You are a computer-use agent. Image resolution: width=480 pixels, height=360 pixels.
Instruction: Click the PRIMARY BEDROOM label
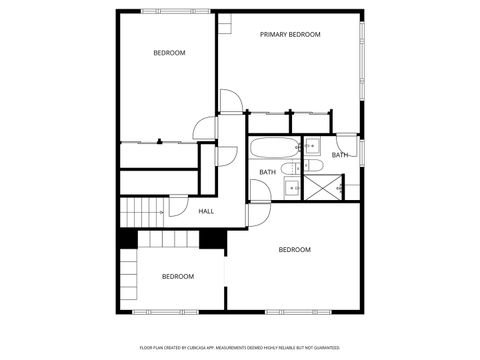[290, 35]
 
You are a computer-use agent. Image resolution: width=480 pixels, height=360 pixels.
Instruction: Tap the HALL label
[206, 211]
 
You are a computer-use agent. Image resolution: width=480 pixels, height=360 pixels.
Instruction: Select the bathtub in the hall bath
[270, 151]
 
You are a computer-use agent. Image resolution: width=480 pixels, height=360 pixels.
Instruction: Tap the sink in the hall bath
[291, 186]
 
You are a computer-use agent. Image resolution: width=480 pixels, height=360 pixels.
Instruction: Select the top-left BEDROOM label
[169, 53]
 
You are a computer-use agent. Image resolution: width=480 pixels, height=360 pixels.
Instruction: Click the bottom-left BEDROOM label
[178, 276]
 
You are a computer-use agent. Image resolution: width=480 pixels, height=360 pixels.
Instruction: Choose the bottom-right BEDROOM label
[294, 249]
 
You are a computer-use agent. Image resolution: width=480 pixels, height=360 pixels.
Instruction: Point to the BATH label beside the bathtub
[268, 172]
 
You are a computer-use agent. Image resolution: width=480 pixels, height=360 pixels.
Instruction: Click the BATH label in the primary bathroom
[340, 155]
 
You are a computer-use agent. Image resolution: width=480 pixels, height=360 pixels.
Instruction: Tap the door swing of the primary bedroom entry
[230, 101]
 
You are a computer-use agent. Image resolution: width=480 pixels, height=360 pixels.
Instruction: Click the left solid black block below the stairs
[128, 239]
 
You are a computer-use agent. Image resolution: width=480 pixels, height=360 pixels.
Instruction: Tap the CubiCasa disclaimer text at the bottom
[240, 348]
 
